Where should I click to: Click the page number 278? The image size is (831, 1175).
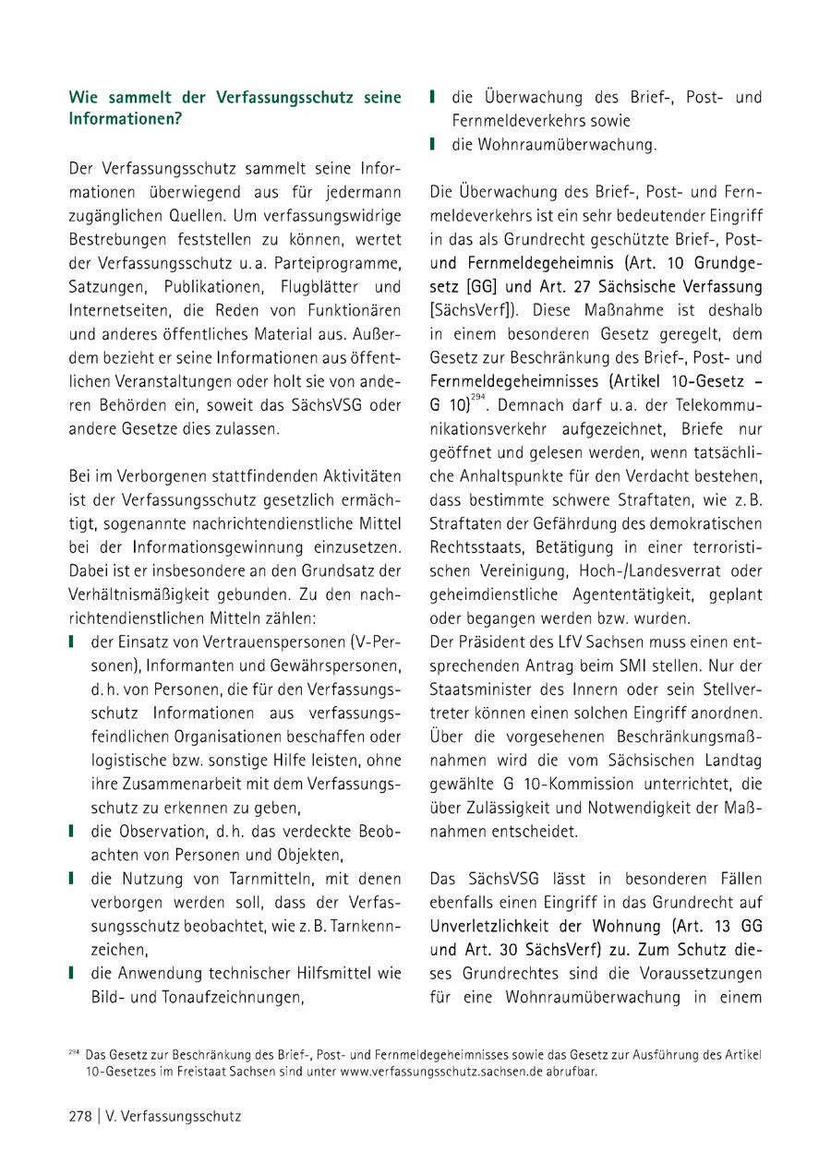point(79,1116)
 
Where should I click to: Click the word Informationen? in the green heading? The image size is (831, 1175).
point(125,119)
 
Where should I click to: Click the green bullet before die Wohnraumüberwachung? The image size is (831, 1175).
point(432,144)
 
